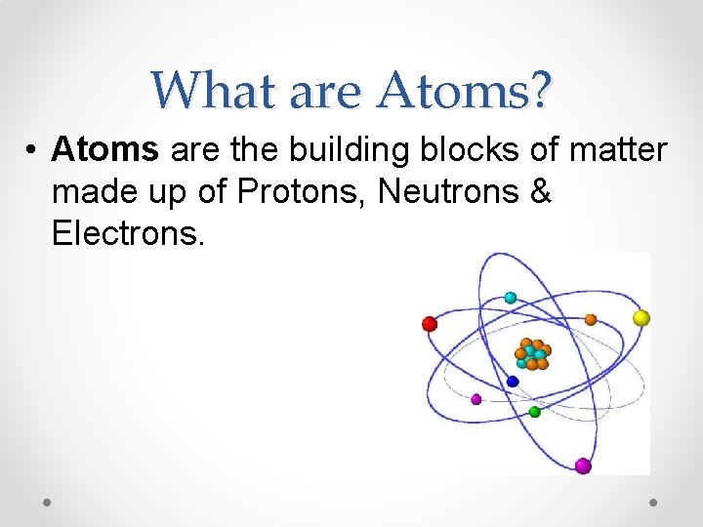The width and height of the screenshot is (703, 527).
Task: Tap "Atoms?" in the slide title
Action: point(466,91)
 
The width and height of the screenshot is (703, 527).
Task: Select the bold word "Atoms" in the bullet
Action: point(106,150)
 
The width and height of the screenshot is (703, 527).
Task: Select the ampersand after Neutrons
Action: point(542,192)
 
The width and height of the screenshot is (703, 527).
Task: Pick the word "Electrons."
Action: point(128,234)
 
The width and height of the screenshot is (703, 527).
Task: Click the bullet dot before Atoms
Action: point(33,152)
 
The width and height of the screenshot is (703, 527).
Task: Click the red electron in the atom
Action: point(429,324)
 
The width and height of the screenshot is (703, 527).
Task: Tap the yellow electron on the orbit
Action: point(641,317)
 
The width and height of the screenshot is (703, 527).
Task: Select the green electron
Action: point(534,412)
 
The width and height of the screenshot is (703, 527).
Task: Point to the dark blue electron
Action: point(513,381)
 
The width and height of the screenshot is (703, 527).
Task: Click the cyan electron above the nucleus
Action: point(510,298)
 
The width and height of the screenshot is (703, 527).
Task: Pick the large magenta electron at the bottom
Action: point(583,466)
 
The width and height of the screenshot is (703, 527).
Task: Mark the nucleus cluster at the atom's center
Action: point(532,353)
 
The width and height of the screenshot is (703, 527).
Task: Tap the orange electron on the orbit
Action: point(591,319)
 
